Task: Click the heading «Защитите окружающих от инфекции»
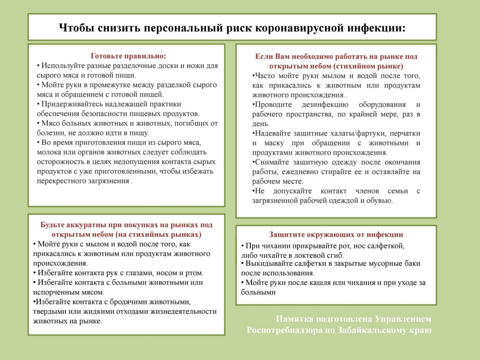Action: [336, 234]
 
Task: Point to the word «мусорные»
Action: [374, 264]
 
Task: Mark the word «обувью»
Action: [378, 201]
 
